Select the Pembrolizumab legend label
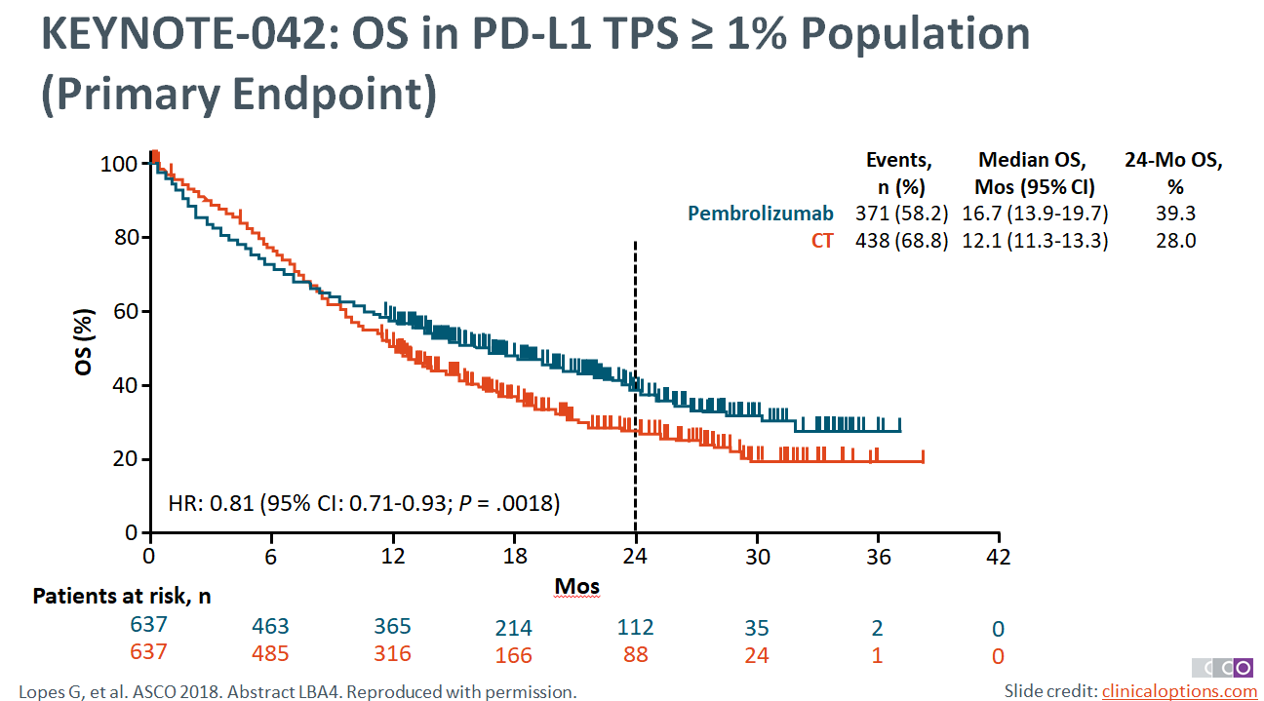click(x=762, y=214)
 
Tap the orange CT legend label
click(x=822, y=240)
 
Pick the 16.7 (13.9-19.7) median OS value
click(x=1036, y=214)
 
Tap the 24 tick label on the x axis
click(x=636, y=557)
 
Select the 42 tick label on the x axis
click(x=998, y=557)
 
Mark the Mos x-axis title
click(x=576, y=586)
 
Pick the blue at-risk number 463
click(x=269, y=627)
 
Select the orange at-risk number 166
click(x=514, y=655)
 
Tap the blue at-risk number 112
click(x=635, y=627)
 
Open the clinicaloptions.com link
click(x=1179, y=691)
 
